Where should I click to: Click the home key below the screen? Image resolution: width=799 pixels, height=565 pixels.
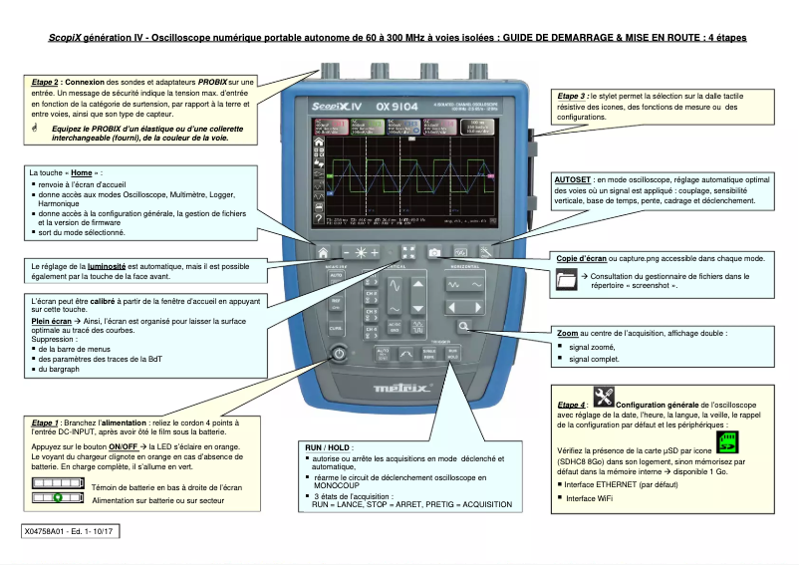(324, 252)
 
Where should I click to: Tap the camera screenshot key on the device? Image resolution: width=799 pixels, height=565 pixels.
(434, 252)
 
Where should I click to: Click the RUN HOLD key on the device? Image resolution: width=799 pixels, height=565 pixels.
(453, 354)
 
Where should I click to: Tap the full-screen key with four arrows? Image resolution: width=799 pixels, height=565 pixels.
(408, 252)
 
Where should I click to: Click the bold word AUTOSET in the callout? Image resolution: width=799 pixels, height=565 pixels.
(572, 179)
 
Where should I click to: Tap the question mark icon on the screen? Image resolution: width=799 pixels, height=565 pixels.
(320, 216)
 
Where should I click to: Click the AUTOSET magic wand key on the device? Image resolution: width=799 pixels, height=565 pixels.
(485, 252)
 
